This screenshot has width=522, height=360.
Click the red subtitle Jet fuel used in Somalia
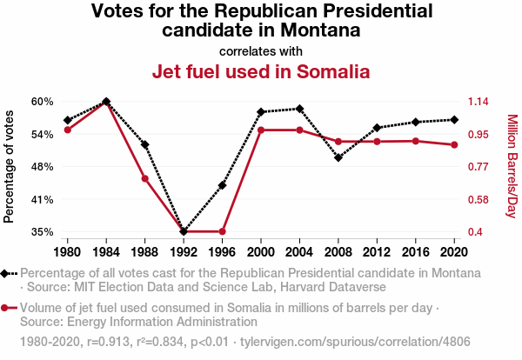pos(261,71)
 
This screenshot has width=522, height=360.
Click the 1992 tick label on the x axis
pos(184,252)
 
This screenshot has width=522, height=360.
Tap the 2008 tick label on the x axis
pos(338,252)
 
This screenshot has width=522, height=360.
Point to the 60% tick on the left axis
pos(42,102)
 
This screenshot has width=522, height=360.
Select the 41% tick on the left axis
pos(42,200)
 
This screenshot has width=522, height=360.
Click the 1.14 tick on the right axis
pos(479,102)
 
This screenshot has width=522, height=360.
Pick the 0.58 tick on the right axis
pos(479,200)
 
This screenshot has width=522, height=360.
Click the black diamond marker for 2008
pos(338,157)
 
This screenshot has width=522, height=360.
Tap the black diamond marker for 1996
pos(222,185)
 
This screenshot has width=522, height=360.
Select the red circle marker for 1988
pos(145,179)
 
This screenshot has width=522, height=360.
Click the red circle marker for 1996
pos(222,231)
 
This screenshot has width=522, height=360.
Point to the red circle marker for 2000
pos(261,130)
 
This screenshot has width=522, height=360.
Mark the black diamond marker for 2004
pos(299,109)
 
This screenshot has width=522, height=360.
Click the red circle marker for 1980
pos(67,130)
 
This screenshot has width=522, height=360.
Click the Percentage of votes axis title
pos(10,166)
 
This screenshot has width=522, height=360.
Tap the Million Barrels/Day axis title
pos(512,166)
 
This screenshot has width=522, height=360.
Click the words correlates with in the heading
pos(261,50)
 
